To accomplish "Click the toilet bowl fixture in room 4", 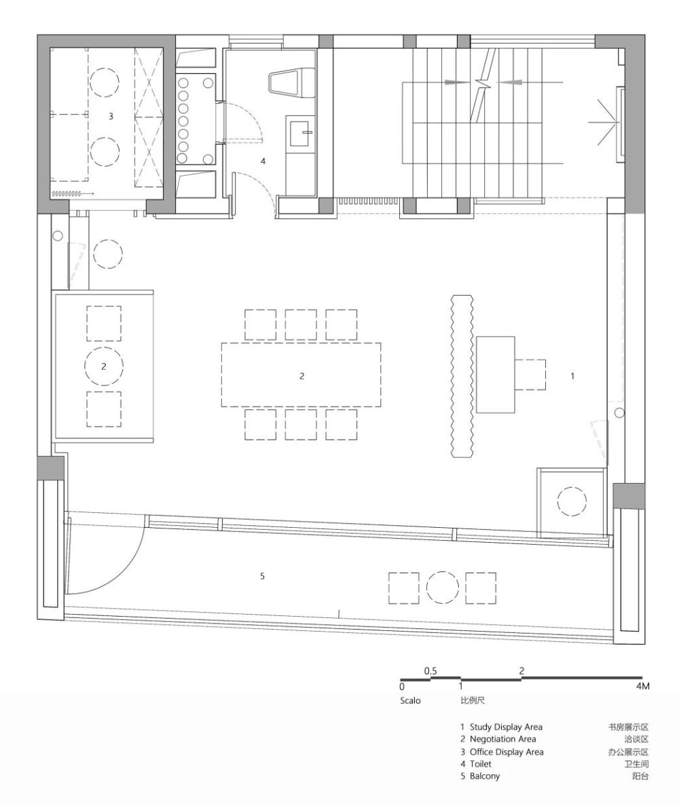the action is (291, 81).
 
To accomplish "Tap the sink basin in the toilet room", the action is (301, 132).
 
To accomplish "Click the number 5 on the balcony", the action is (262, 576).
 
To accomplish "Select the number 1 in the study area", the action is (572, 377).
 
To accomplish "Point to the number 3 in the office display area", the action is (111, 117).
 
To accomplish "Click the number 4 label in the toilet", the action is (263, 161).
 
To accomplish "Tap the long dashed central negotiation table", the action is (301, 375).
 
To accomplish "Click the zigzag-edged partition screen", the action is (462, 376).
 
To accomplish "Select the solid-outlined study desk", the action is (496, 375).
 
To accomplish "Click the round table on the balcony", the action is (443, 589).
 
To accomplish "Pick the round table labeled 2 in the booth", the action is (104, 366).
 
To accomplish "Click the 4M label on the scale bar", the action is (642, 686).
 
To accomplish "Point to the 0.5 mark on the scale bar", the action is (430, 671).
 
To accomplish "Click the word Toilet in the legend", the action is (481, 765).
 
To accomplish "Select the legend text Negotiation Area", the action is (502, 740).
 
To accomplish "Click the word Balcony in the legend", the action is (485, 776).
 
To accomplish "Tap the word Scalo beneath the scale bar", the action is (411, 701).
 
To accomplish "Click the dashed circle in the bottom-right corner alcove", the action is (572, 501).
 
